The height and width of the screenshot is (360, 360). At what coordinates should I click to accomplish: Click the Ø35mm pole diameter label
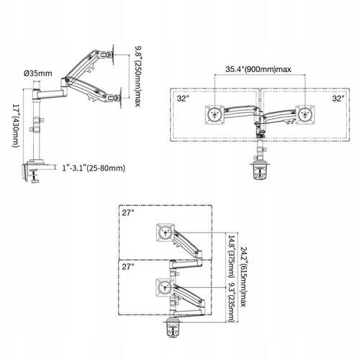pyautogui.click(x=38, y=73)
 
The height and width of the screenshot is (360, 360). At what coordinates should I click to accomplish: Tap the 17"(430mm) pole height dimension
pyautogui.click(x=15, y=125)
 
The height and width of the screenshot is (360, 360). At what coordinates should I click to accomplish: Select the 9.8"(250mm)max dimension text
pyautogui.click(x=138, y=76)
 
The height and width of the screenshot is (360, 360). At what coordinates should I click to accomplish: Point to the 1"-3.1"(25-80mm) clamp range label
pyautogui.click(x=94, y=168)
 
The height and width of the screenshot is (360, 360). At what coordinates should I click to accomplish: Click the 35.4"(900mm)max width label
pyautogui.click(x=258, y=69)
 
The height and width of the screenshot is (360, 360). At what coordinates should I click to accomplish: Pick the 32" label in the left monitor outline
pyautogui.click(x=183, y=99)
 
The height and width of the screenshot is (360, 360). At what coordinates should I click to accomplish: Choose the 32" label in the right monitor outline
pyautogui.click(x=338, y=99)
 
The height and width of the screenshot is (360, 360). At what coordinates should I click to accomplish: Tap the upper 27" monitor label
pyautogui.click(x=128, y=212)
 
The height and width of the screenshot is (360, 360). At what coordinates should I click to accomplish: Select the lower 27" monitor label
pyautogui.click(x=128, y=266)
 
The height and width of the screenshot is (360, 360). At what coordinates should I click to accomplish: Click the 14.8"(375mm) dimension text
pyautogui.click(x=231, y=256)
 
